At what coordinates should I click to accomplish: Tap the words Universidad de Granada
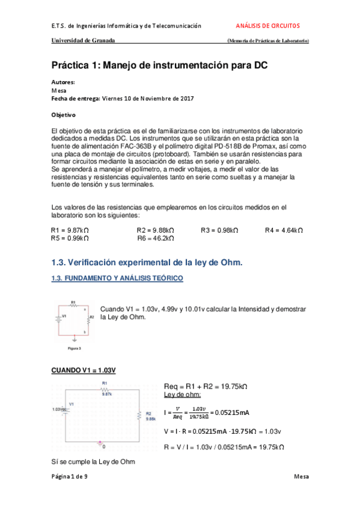(x=83, y=41)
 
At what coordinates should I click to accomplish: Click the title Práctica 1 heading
(x=159, y=64)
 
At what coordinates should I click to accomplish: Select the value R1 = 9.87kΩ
(x=70, y=230)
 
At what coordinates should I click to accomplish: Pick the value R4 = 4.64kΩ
(x=284, y=230)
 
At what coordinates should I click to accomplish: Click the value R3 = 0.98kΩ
(x=219, y=230)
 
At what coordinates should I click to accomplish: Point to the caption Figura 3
(x=75, y=348)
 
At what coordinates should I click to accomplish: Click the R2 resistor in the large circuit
(x=139, y=416)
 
